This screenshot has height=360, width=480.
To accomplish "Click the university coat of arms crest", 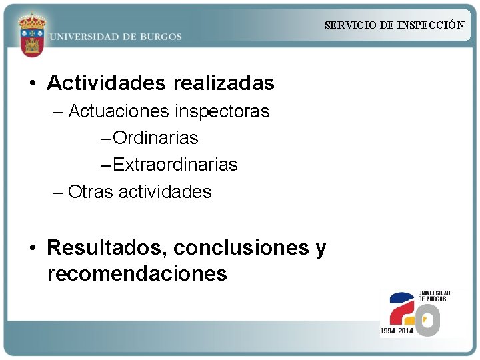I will click(x=31, y=34).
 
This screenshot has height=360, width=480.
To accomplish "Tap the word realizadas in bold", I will click(x=223, y=83).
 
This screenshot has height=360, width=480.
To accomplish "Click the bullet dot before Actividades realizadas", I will click(x=32, y=84).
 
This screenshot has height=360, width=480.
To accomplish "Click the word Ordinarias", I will click(x=155, y=138).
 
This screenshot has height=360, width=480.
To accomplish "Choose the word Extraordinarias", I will click(x=175, y=165).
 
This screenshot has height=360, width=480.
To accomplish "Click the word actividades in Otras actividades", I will click(x=165, y=192).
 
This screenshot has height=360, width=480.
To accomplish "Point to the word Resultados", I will click(x=107, y=248).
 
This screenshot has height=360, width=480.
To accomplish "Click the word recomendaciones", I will click(x=137, y=273).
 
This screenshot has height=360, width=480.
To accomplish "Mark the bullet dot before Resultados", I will click(x=32, y=249).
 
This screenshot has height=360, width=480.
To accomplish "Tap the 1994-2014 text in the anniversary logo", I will click(x=396, y=331).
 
